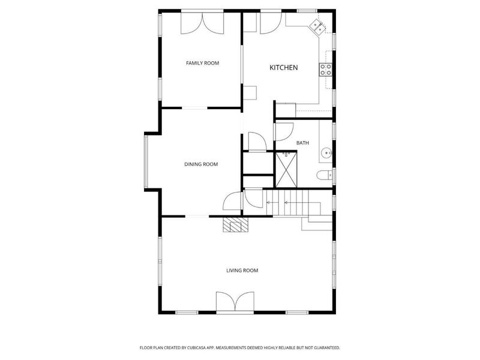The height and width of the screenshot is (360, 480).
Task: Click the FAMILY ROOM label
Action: [x=202, y=63]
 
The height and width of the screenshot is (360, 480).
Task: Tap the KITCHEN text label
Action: [x=283, y=68]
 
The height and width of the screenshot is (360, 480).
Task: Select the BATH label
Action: [x=303, y=143]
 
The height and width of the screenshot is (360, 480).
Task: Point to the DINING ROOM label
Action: [x=200, y=164]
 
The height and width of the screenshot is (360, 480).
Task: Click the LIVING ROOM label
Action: [x=242, y=271]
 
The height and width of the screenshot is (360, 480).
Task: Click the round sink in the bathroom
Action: [x=326, y=152]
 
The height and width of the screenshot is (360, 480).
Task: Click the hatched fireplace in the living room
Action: [x=235, y=224]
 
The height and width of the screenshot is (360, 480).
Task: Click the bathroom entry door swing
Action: [x=283, y=132]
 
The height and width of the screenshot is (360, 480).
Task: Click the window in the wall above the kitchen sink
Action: [x=307, y=11]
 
